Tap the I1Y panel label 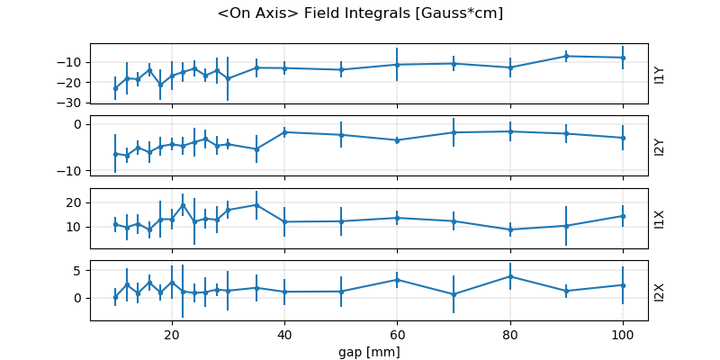pos(660,74)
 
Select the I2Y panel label pos(660,146)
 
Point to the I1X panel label pos(660,218)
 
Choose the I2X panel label pos(660,291)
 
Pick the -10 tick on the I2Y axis pos(74,171)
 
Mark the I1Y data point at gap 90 pos(566,56)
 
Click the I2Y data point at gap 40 pos(284,132)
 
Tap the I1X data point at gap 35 pos(256,204)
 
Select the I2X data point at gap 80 pos(510,276)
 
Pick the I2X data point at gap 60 pos(397,280)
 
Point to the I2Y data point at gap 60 pos(397,140)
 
